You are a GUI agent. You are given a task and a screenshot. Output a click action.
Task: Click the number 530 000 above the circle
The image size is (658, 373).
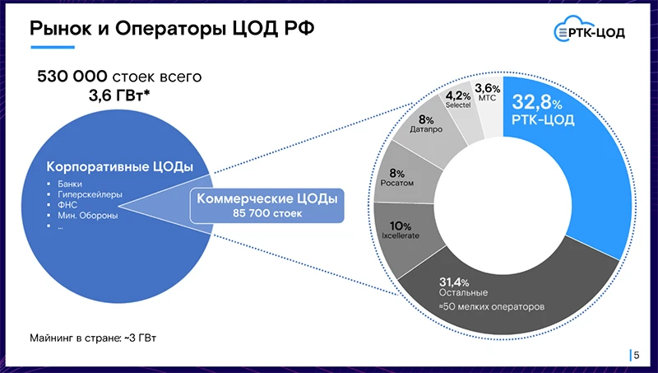click(72, 77)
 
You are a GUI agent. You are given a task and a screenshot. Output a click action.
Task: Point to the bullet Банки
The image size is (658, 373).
click(70, 183)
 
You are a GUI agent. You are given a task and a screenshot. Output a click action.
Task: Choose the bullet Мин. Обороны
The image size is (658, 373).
click(87, 216)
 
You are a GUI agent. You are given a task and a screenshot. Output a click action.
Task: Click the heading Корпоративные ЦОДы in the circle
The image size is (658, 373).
click(119, 166)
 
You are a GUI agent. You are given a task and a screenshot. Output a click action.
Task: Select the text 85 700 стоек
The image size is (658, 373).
click(266, 213)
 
